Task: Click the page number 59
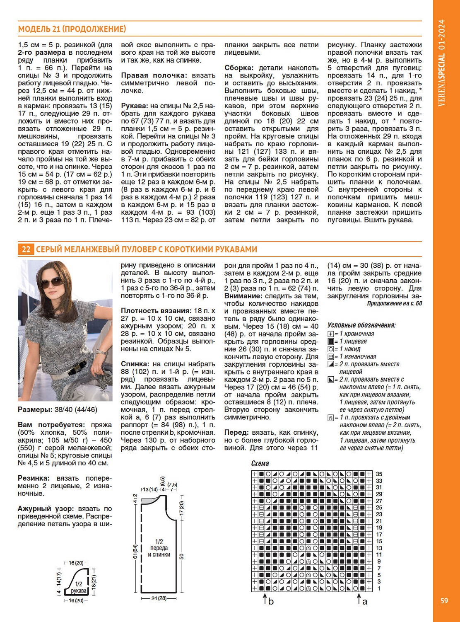pyautogui.click(x=444, y=600)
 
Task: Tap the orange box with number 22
pyautogui.click(x=26, y=249)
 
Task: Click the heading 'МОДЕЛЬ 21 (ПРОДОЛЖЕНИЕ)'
pyautogui.click(x=72, y=29)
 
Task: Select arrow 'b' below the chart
pyautogui.click(x=265, y=600)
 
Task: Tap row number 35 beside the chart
pyautogui.click(x=379, y=474)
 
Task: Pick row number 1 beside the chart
pyautogui.click(x=379, y=588)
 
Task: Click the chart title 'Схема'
pyautogui.click(x=260, y=463)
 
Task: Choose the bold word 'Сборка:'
pyautogui.click(x=239, y=68)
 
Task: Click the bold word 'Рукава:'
pyautogui.click(x=135, y=106)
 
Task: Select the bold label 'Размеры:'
pyautogui.click(x=35, y=409)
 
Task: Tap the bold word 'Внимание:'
pyautogui.click(x=243, y=296)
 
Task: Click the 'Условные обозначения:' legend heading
pyautogui.click(x=361, y=325)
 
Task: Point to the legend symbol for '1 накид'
pyautogui.click(x=330, y=349)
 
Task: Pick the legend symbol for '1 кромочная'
pyautogui.click(x=330, y=334)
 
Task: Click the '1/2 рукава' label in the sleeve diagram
pyautogui.click(x=78, y=588)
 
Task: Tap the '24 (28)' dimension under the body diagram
pyautogui.click(x=159, y=598)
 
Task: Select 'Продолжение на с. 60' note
pyautogui.click(x=395, y=304)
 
